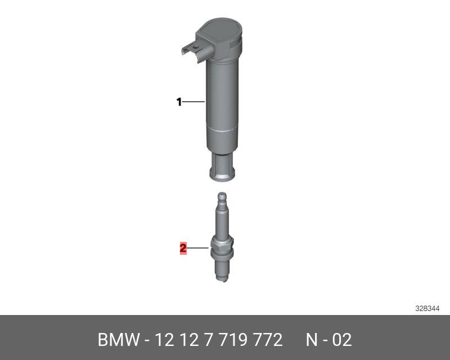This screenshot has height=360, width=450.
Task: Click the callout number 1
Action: click(179, 102)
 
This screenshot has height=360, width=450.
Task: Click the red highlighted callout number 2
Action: click(183, 248)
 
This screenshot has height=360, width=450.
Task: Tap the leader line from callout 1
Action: click(193, 102)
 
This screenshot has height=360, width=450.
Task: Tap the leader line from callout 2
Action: click(198, 247)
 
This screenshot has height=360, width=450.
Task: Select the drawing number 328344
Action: click(427, 309)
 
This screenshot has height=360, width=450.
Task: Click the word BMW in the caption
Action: click(119, 340)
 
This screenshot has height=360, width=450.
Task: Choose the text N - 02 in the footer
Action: click(328, 340)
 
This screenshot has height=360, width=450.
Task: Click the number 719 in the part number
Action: click(233, 340)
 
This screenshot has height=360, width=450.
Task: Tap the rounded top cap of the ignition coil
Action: click(220, 30)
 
